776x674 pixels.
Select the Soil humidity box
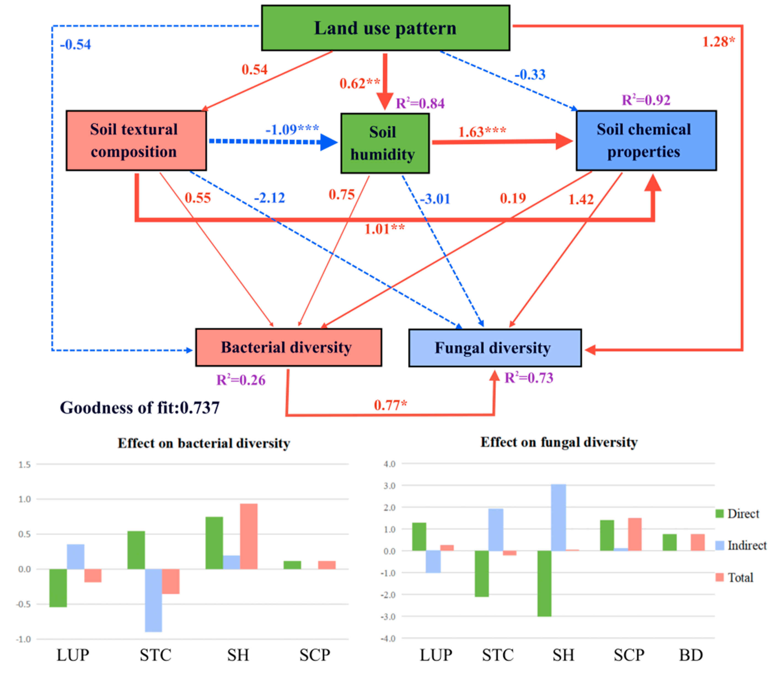pos(385,143)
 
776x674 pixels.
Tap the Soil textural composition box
pos(136,141)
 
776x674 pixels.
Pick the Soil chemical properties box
pos(646,141)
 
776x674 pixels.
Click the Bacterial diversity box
pos(288,347)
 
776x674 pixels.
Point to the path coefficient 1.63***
pos(482,132)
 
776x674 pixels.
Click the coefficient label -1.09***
pos(292,129)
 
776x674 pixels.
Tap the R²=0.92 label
pos(646,100)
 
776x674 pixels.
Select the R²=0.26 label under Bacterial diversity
pos(241,380)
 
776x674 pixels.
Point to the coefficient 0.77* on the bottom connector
pos(390,405)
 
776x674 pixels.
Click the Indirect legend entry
pos(746,545)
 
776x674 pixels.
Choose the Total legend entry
pos(740,577)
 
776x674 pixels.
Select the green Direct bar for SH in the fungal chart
pos(544,583)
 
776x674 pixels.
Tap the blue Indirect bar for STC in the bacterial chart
pos(153,600)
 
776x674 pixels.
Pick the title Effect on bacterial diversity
pos(204,443)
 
